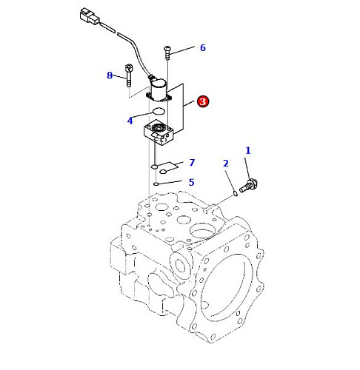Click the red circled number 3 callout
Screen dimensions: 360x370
[x=203, y=101]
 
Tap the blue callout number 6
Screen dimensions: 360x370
[x=203, y=47]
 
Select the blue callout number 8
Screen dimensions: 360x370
[x=110, y=75]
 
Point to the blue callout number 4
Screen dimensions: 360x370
[x=130, y=121]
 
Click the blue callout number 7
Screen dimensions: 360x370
[x=192, y=163]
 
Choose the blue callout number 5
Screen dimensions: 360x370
[x=191, y=182]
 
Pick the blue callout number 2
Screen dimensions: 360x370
[x=225, y=164]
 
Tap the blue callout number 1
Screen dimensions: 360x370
[x=248, y=150]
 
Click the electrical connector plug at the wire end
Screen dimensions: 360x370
[x=90, y=16]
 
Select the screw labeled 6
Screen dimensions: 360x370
[x=167, y=53]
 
